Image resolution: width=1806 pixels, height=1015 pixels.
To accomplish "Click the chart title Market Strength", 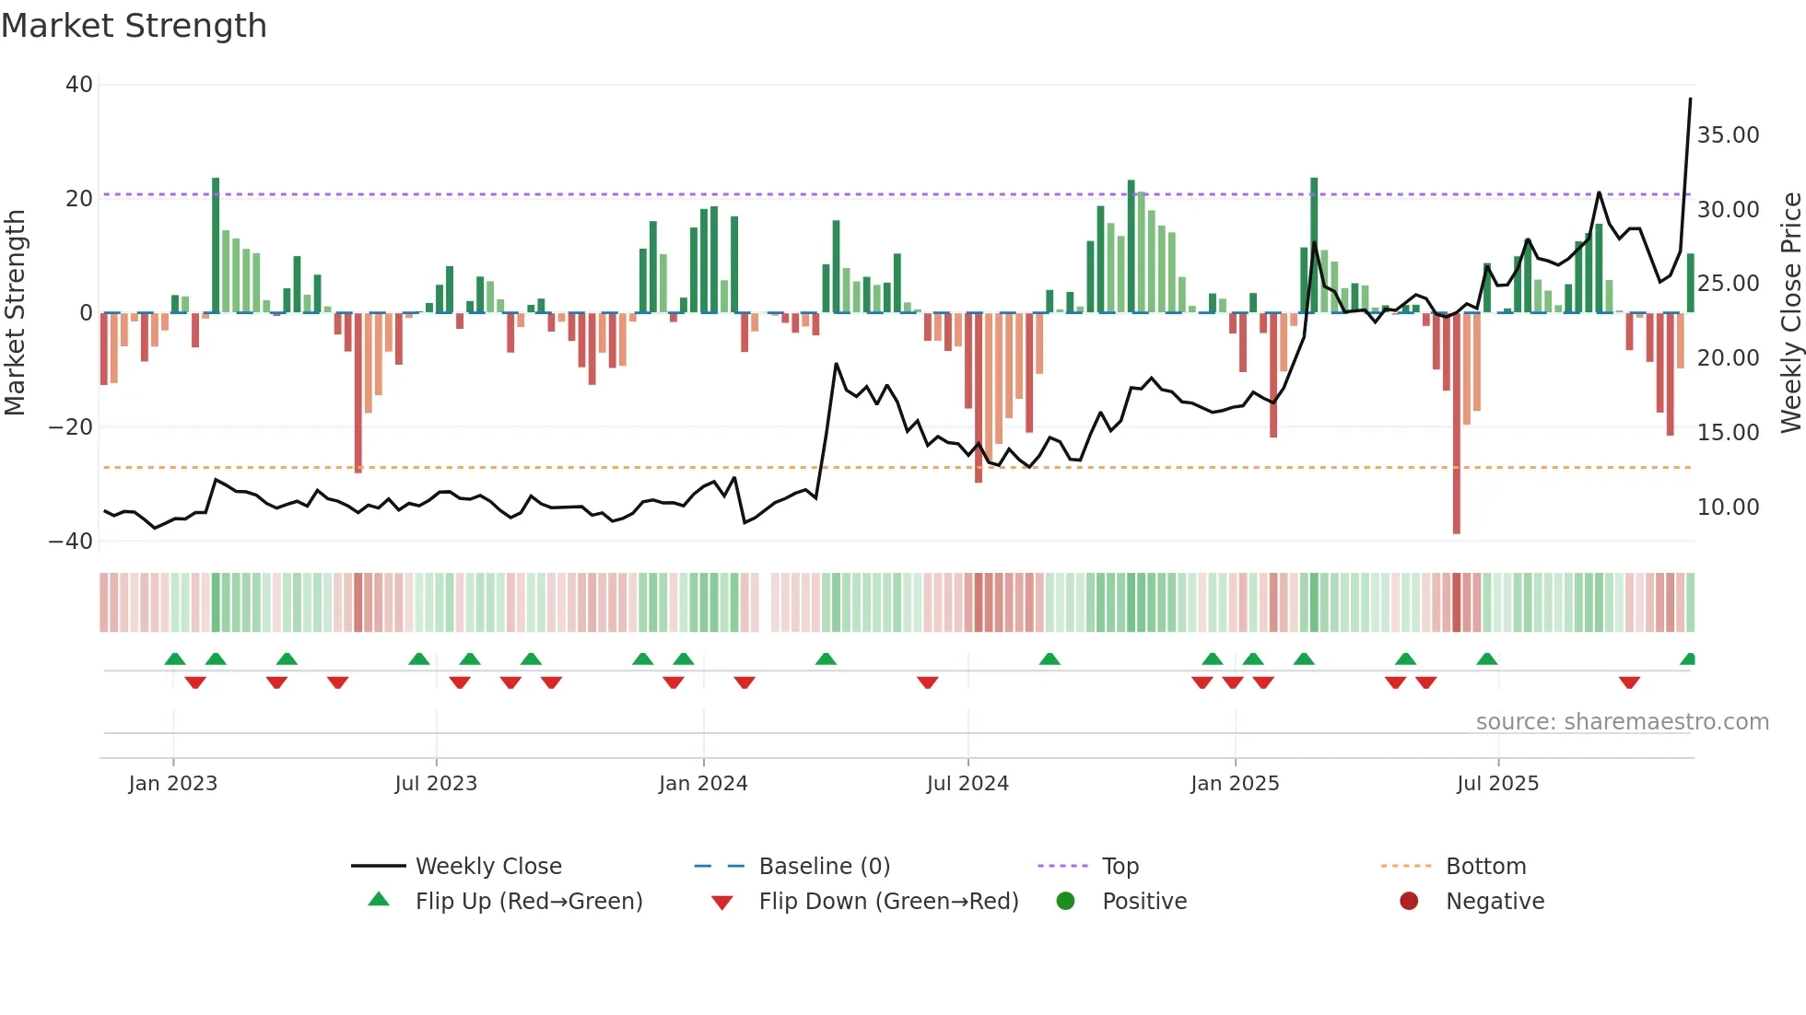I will [x=134, y=26].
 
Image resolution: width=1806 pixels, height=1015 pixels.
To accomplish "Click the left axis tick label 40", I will [x=79, y=85].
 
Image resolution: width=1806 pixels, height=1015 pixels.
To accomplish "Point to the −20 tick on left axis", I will [x=71, y=427].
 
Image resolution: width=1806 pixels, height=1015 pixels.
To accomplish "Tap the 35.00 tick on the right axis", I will [x=1728, y=135].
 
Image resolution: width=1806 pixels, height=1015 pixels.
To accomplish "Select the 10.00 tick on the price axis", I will [x=1728, y=507].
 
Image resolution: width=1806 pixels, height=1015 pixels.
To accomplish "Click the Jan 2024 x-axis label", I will [x=703, y=784].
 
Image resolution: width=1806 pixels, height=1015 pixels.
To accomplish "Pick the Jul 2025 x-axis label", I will [x=1497, y=784].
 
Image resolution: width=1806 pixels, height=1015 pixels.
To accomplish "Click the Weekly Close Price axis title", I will [x=1790, y=313].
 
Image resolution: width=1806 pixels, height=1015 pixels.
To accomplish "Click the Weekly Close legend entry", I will [x=488, y=867].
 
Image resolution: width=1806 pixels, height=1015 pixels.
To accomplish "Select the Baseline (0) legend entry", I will [x=824, y=867].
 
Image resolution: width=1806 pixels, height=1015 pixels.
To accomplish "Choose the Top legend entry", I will [x=1120, y=867].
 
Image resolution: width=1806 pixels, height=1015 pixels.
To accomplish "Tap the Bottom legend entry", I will [x=1485, y=867].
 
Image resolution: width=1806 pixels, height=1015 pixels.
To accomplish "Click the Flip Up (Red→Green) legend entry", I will [x=528, y=902].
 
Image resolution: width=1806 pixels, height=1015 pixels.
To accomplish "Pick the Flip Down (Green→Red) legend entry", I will [x=888, y=902].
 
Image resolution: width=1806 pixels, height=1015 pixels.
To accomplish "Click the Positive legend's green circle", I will [x=1066, y=902].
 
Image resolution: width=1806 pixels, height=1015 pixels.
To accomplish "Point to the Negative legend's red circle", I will [x=1409, y=902].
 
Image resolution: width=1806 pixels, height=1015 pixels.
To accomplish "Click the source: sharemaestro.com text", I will [x=1622, y=722].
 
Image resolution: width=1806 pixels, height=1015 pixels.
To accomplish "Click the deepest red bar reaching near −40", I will [x=1457, y=424].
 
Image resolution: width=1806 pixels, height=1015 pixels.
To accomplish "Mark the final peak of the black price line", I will [x=1690, y=99].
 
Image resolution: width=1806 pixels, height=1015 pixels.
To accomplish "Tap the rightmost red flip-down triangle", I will [x=1629, y=682].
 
